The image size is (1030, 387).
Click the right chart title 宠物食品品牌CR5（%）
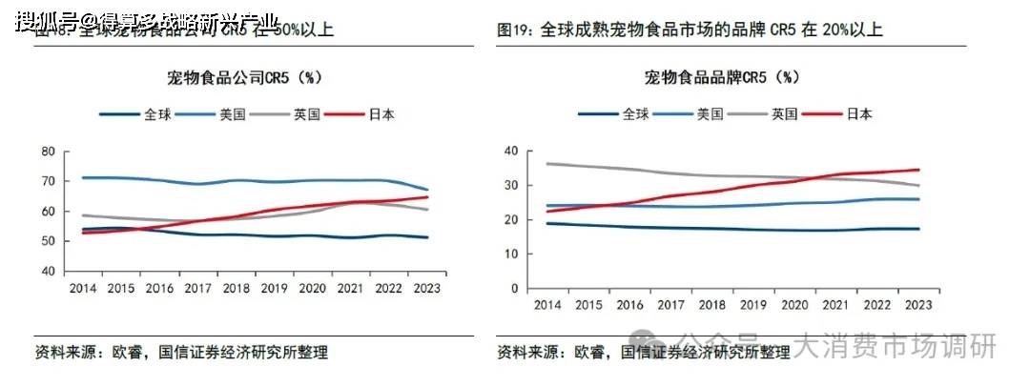(x=722, y=77)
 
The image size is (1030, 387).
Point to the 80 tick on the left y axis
(x=49, y=152)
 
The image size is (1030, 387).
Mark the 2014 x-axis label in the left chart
(x=82, y=287)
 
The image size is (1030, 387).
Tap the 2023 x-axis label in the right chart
(x=917, y=304)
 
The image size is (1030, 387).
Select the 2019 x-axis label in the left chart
(x=275, y=287)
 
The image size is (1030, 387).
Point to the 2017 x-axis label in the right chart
(x=670, y=304)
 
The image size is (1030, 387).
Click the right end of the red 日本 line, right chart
(x=918, y=170)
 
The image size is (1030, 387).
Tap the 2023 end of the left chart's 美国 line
(x=427, y=190)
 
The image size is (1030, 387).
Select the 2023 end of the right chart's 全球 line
(x=918, y=229)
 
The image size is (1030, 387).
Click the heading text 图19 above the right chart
(x=516, y=31)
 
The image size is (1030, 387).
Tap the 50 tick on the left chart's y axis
(x=49, y=241)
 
